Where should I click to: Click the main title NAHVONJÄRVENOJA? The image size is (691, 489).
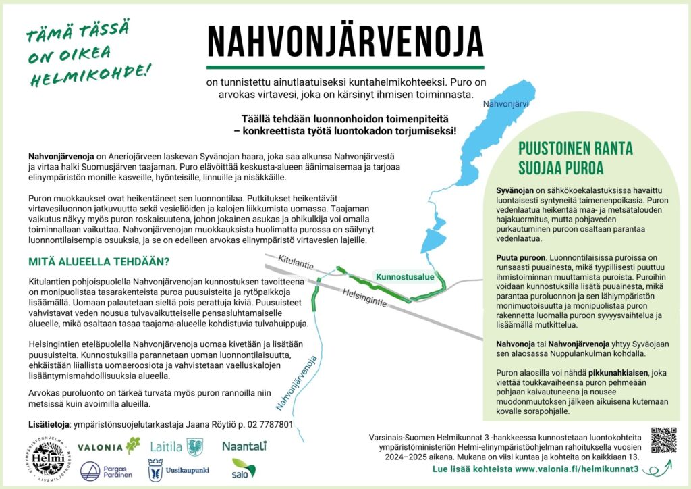point(345,42)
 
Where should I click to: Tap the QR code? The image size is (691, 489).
point(663,440)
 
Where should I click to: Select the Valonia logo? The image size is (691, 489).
point(109,446)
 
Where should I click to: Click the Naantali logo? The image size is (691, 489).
point(244,446)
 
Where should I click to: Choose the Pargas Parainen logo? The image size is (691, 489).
point(109,470)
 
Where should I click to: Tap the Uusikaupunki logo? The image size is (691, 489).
point(179,470)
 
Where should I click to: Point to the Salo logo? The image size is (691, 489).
point(244,468)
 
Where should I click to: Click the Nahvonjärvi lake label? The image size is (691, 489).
point(505,105)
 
